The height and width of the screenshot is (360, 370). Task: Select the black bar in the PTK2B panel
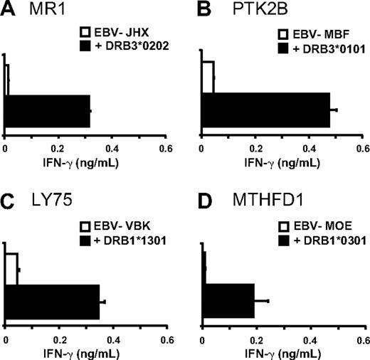(271, 110)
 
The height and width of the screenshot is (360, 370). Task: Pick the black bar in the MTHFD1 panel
(229, 302)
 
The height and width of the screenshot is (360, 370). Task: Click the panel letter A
(9, 11)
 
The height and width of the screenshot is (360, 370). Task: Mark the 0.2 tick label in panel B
(255, 147)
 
